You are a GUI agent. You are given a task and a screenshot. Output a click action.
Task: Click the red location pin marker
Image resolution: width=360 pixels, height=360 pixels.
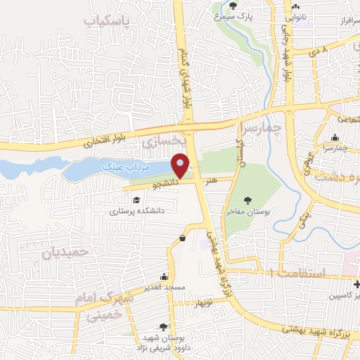[x=181, y=167]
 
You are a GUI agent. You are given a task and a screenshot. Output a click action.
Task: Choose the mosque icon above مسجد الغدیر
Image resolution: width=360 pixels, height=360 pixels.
[x=164, y=276]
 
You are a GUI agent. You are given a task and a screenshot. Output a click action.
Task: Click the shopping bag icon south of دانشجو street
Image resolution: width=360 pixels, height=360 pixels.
[x=183, y=238]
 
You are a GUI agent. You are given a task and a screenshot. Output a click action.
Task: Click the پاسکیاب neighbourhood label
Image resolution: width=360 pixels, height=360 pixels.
[x=107, y=22]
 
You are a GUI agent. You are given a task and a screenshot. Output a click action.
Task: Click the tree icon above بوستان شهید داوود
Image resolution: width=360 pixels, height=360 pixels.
[x=164, y=326]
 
